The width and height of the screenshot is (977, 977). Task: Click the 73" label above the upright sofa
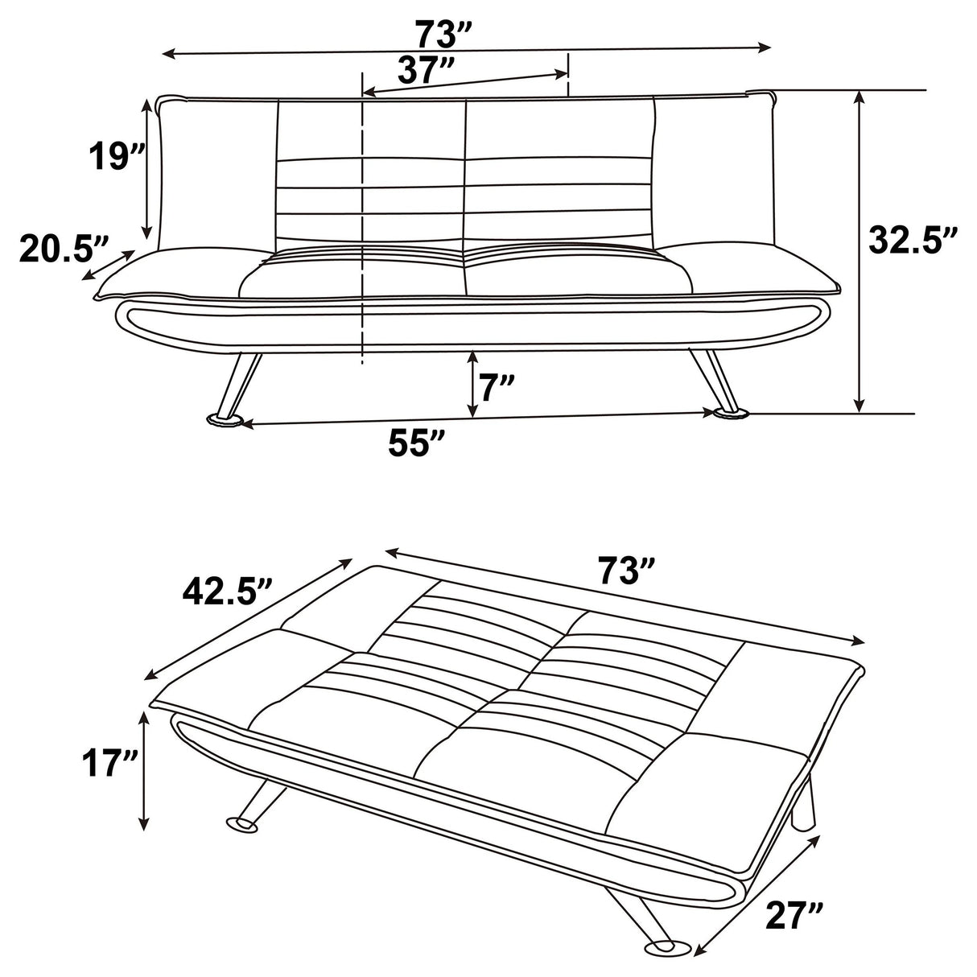pyautogui.click(x=441, y=35)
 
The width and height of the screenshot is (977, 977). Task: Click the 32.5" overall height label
pyautogui.click(x=913, y=240)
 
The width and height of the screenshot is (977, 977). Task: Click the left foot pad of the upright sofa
pyautogui.click(x=227, y=419)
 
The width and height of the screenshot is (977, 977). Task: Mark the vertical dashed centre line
pyautogui.click(x=363, y=225)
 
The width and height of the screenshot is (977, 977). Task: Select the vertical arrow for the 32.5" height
pyautogui.click(x=860, y=249)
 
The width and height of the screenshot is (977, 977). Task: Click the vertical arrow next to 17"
pyautogui.click(x=145, y=773)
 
